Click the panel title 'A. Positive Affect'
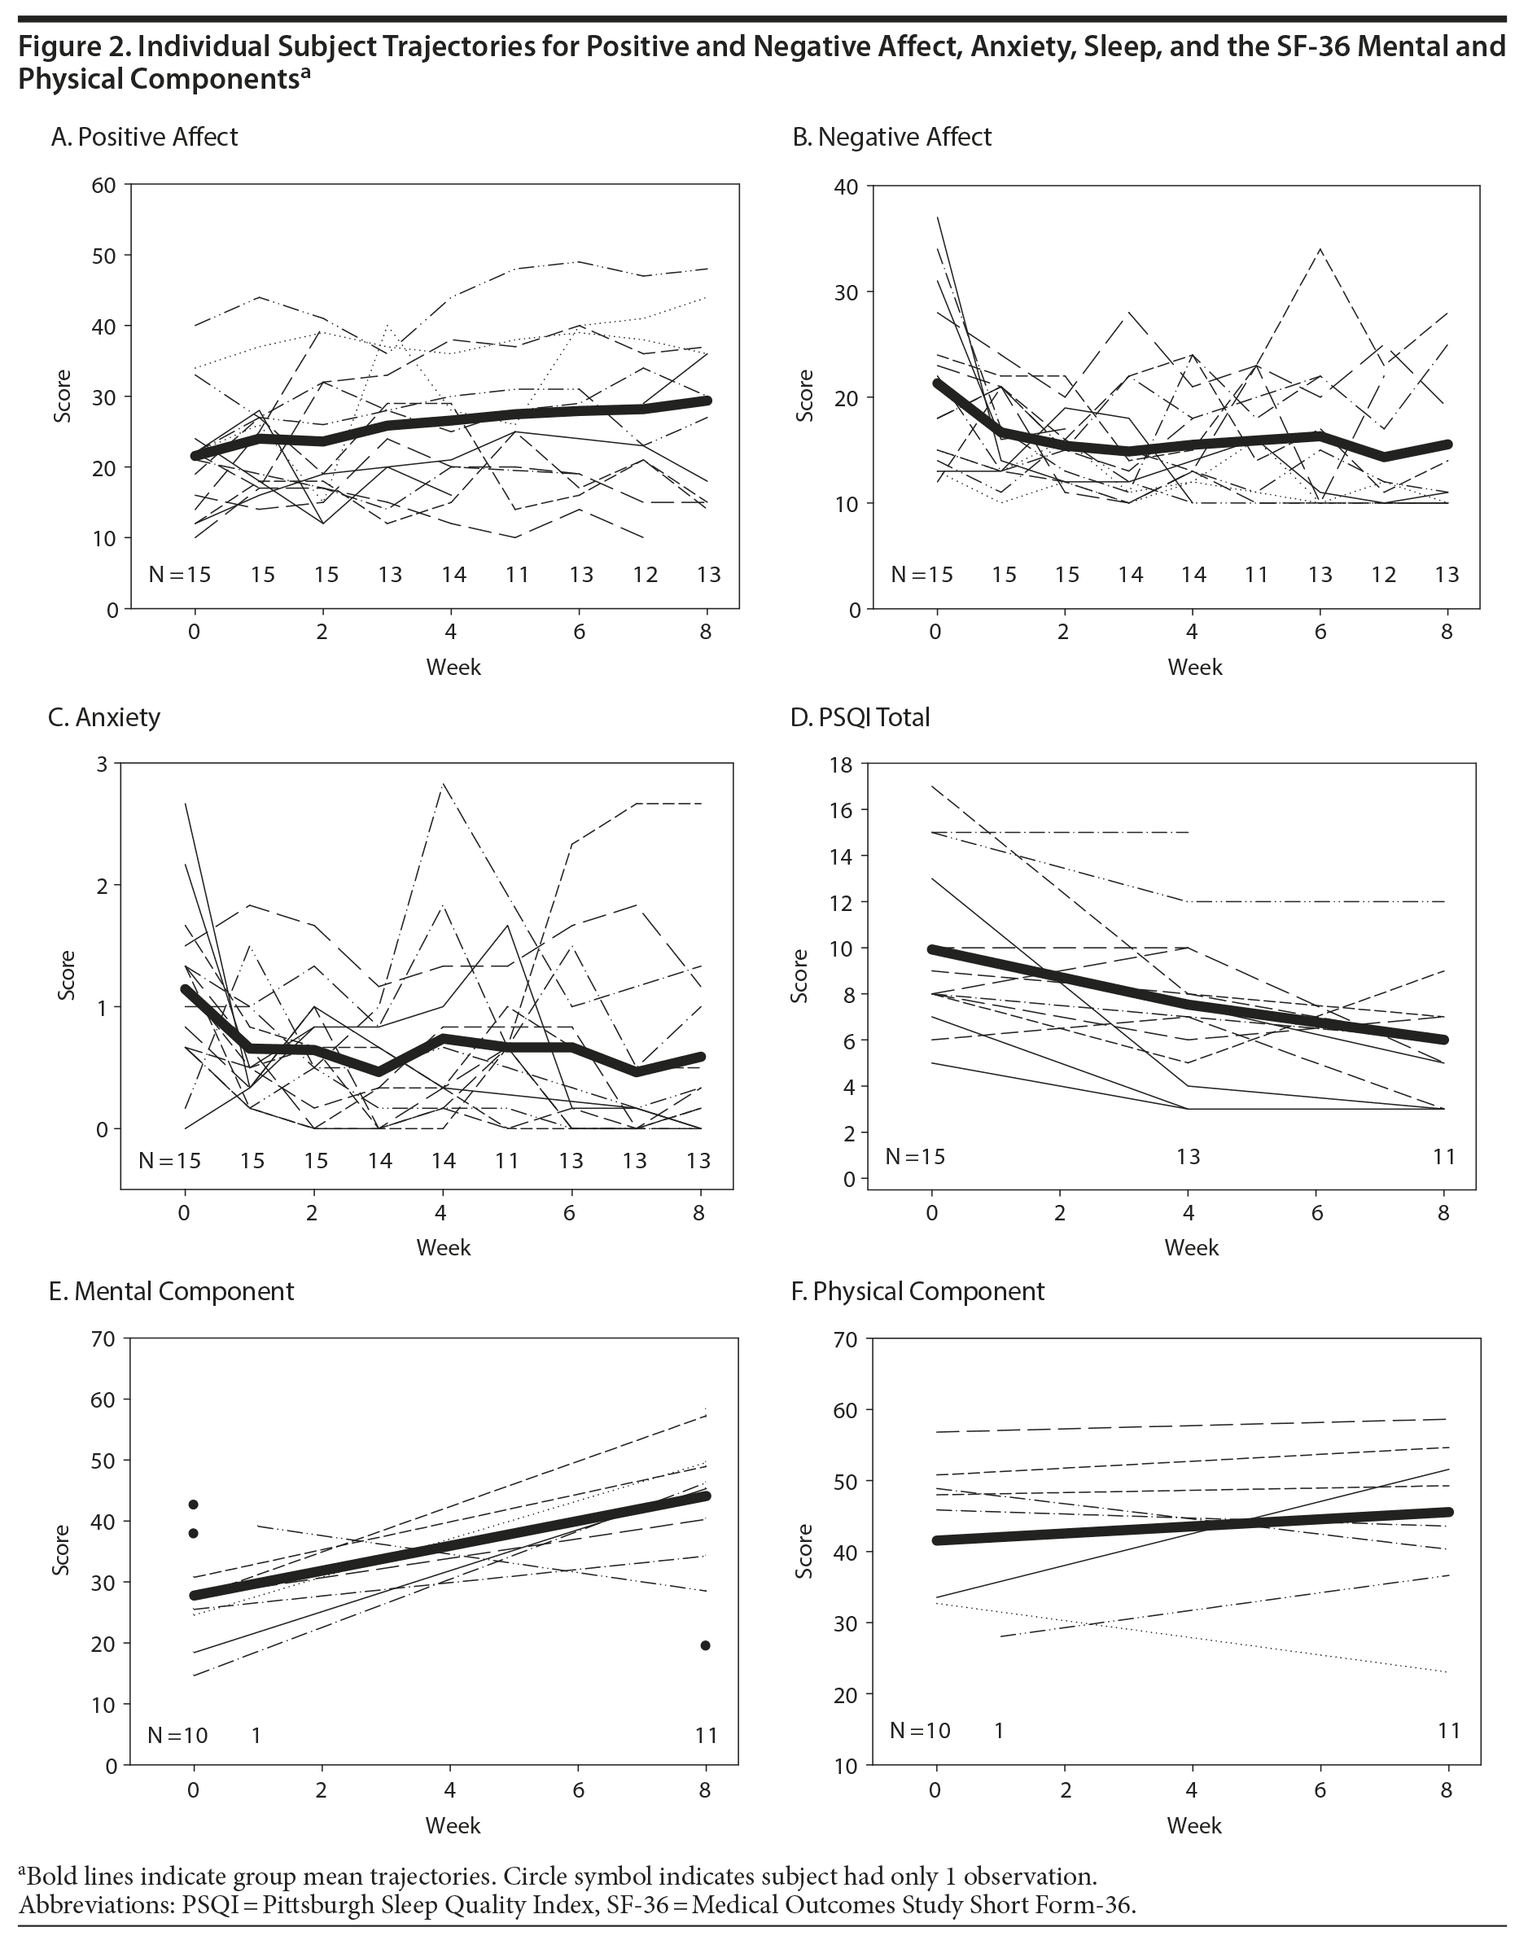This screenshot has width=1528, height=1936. click(x=144, y=137)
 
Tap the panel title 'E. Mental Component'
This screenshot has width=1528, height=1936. click(x=171, y=1291)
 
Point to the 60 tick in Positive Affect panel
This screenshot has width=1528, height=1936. click(x=103, y=185)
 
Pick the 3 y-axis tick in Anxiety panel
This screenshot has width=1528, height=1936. click(x=101, y=763)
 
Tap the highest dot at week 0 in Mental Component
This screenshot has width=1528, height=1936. click(x=193, y=1504)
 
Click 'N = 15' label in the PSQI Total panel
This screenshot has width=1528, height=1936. click(x=914, y=1157)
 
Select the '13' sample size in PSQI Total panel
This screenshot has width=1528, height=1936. click(x=1187, y=1157)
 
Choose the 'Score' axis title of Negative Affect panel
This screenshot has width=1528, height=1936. click(x=806, y=396)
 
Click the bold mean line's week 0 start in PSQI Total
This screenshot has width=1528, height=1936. click(x=933, y=949)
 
